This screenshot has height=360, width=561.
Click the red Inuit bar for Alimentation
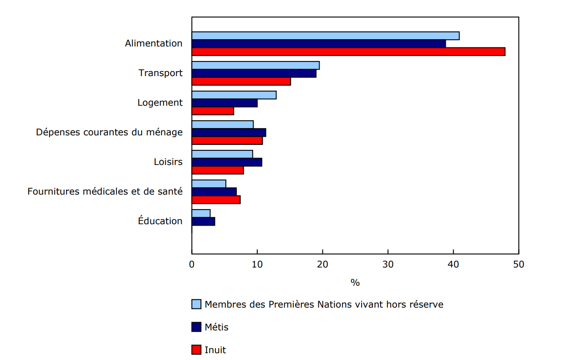tap(348, 51)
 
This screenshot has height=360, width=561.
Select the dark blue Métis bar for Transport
tap(254, 73)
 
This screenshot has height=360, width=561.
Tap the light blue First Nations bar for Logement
tap(234, 95)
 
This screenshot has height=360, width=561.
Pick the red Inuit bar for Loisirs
tap(218, 170)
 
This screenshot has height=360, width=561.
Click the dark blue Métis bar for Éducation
tap(204, 221)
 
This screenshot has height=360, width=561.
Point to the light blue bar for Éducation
tap(201, 213)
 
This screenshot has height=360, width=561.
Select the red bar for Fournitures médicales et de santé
tap(216, 200)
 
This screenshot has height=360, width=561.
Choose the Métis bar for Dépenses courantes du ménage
tap(229, 133)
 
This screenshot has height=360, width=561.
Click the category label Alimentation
tap(153, 43)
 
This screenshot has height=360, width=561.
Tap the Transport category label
tap(160, 73)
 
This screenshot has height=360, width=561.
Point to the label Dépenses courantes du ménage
tap(109, 132)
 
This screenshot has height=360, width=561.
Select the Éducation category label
tap(160, 221)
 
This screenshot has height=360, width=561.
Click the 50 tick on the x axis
tap(518, 264)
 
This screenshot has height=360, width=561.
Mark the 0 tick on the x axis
tap(192, 264)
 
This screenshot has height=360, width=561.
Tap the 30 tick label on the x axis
tap(388, 264)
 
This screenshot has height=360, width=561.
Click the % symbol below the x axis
tap(355, 283)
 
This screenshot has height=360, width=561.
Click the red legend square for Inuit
tap(196, 350)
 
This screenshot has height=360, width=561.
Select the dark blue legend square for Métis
tap(196, 327)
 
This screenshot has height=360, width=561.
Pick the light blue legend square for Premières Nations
tap(196, 304)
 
